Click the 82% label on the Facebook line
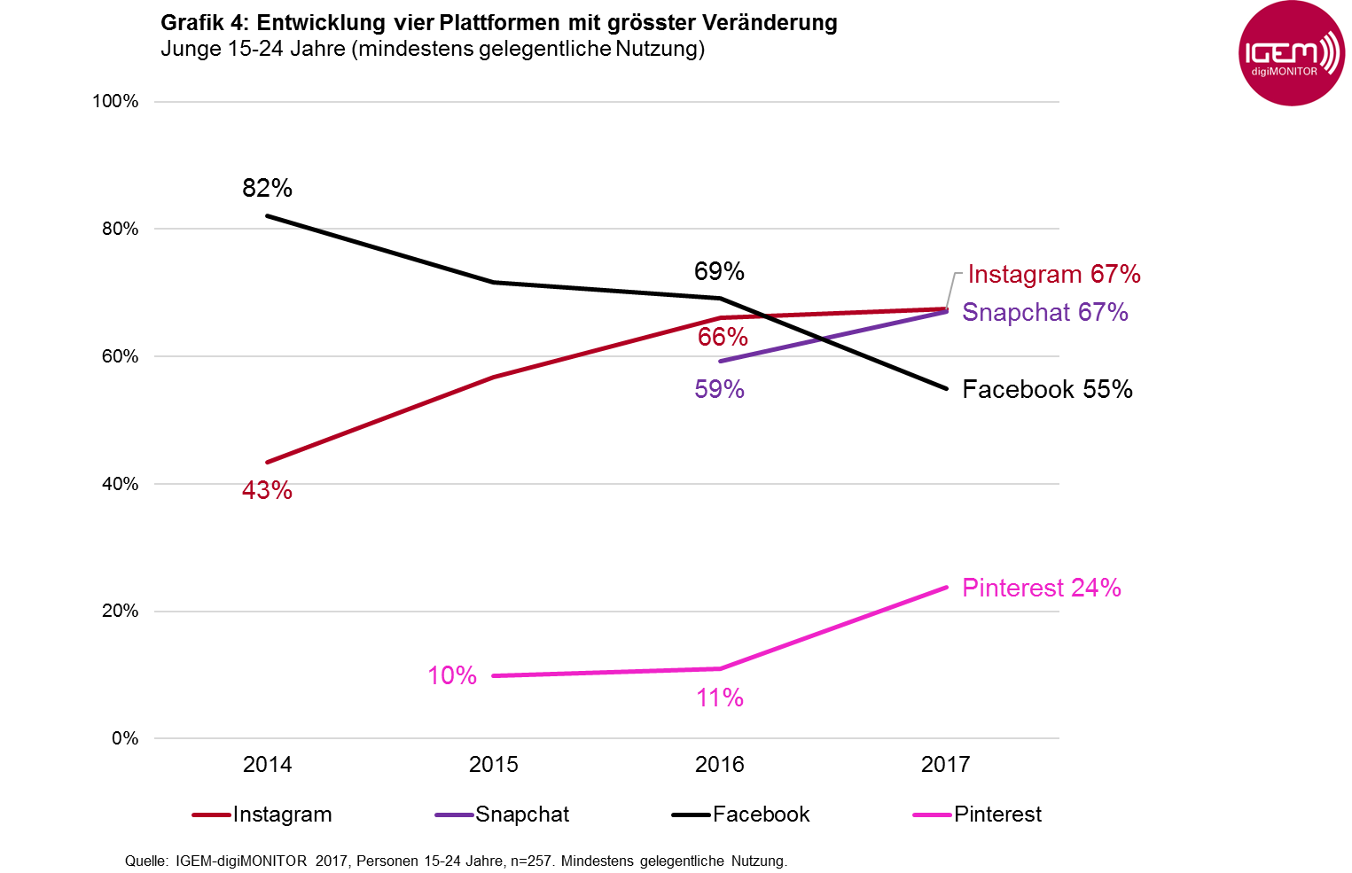point(267,188)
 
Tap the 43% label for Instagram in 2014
point(267,490)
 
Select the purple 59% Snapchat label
point(719,389)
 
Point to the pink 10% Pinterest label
point(452,675)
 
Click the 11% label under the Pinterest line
point(719,698)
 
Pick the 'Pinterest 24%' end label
point(1041,588)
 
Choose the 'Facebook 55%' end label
point(1047,389)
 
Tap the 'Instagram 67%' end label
point(1053,274)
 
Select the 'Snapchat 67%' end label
point(1044,312)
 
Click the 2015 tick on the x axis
point(493,764)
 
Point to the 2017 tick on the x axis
point(945,764)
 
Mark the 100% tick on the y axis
point(115,101)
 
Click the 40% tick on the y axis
point(120,484)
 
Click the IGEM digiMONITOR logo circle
point(1291,54)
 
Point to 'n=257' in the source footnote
point(533,861)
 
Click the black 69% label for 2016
point(719,271)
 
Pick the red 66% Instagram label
point(723,337)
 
